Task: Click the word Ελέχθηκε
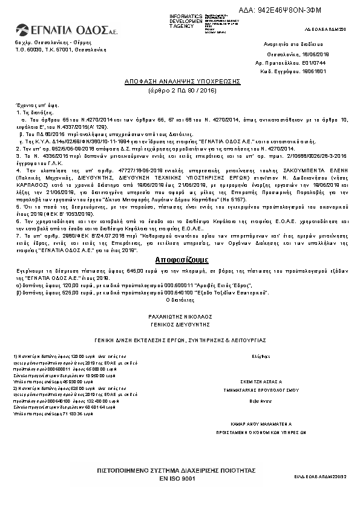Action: pyautogui.click(x=262, y=357)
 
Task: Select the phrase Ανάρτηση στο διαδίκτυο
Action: pyautogui.click(x=286, y=45)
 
